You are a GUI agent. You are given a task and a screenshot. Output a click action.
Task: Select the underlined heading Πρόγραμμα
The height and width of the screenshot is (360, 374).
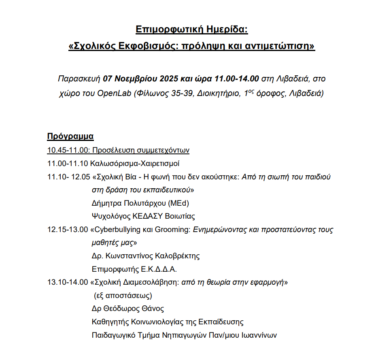[x=70, y=136]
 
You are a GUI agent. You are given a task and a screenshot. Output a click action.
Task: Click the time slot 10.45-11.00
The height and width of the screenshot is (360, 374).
[x=68, y=150]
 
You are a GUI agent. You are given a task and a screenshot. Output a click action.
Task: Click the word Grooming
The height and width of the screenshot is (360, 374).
[x=172, y=230]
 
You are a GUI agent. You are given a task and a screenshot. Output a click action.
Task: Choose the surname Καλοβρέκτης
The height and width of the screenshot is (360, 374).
[x=177, y=256]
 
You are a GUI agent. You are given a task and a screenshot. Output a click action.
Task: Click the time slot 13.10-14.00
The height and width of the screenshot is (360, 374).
[x=68, y=282]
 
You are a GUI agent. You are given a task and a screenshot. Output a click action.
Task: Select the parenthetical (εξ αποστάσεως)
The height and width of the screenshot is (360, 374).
[x=123, y=295]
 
